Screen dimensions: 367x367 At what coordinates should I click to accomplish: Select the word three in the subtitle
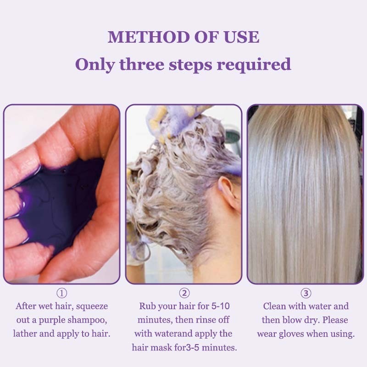click(142, 64)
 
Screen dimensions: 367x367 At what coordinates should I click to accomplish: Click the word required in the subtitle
click(254, 65)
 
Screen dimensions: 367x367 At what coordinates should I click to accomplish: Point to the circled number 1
click(62, 293)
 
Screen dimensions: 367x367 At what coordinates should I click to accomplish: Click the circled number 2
click(184, 293)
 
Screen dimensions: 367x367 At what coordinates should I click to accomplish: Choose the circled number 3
click(306, 293)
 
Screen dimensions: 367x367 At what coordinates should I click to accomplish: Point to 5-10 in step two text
click(221, 306)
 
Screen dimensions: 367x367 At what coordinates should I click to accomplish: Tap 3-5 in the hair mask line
click(193, 348)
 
